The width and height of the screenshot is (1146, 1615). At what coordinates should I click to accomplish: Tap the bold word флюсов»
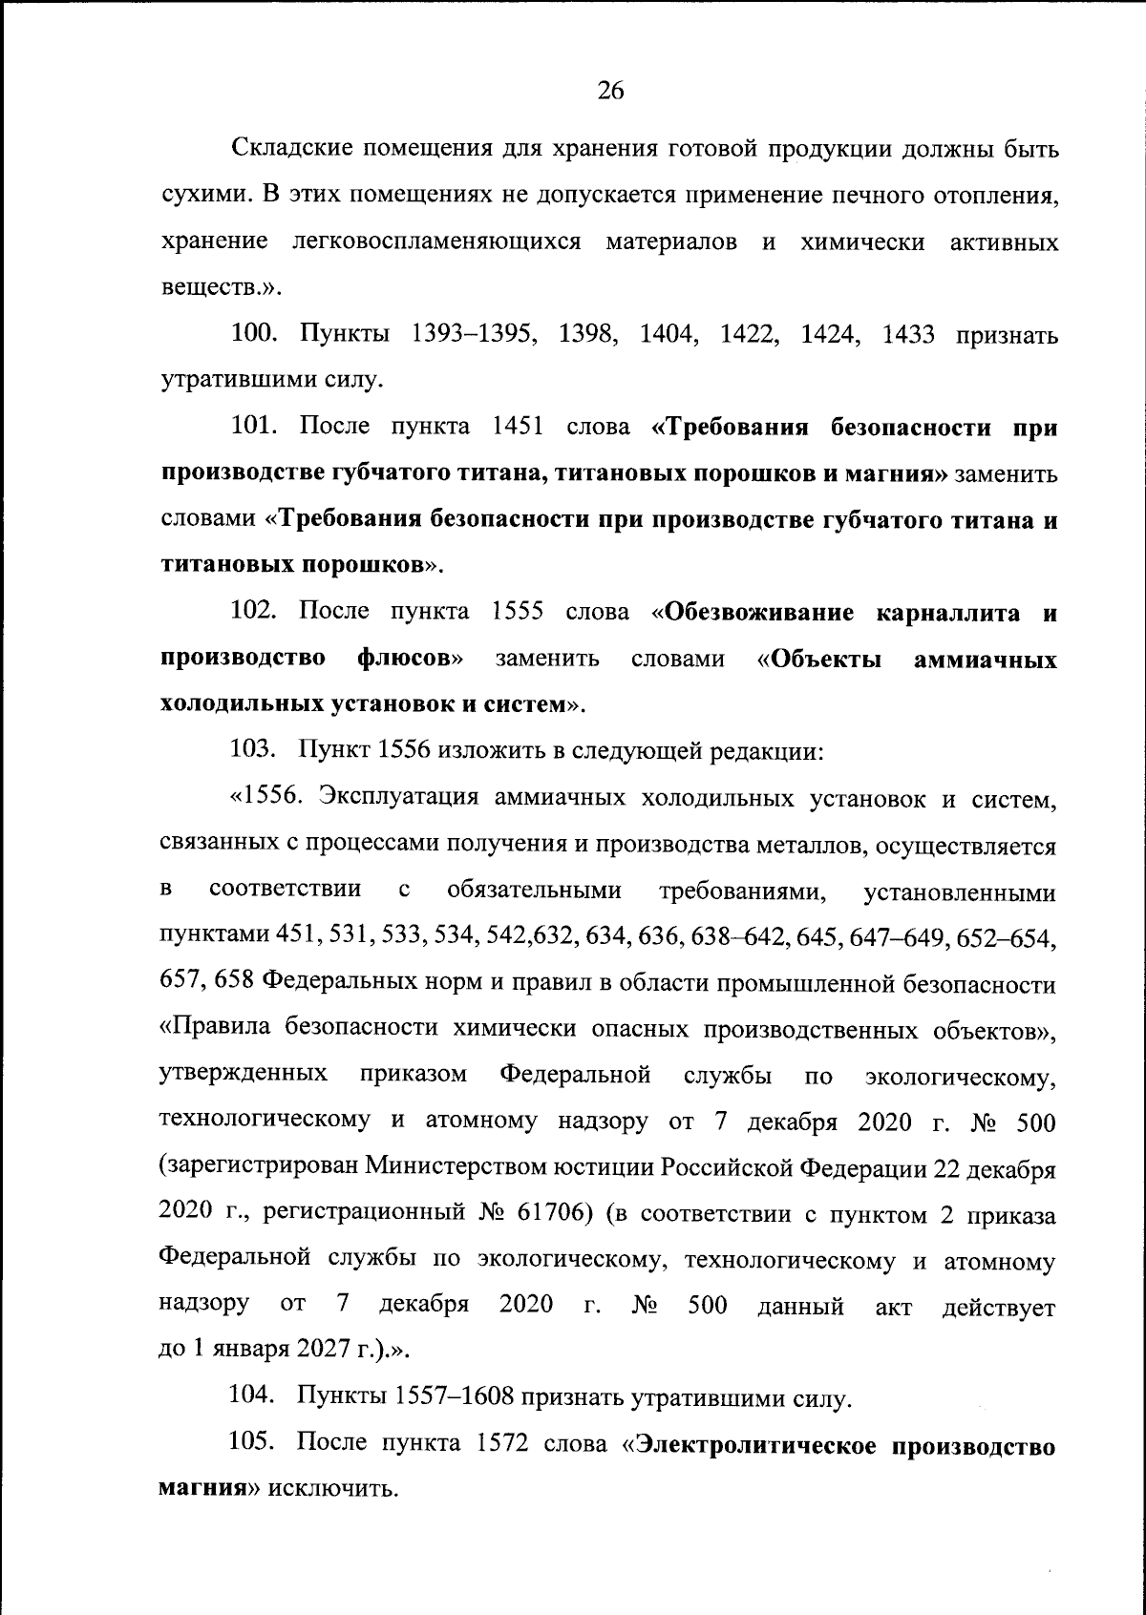pos(412,659)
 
